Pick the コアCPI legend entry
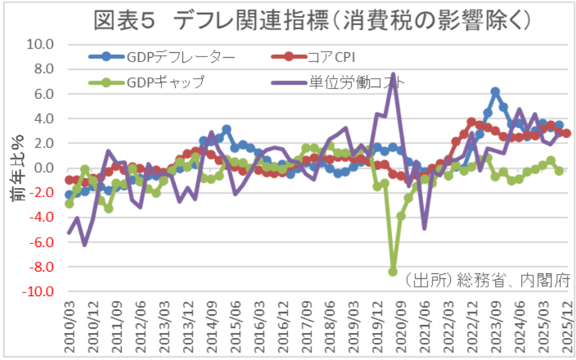(x=313, y=57)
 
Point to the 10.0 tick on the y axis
(x=39, y=44)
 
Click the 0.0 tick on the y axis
(x=43, y=168)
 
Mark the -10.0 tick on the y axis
(x=37, y=292)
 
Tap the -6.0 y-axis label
(x=41, y=242)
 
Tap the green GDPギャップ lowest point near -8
(x=392, y=272)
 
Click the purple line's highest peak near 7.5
(x=393, y=74)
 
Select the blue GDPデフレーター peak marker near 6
(x=495, y=92)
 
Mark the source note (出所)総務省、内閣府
(x=488, y=279)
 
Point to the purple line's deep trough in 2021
(x=424, y=228)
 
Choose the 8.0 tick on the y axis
(x=43, y=69)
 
